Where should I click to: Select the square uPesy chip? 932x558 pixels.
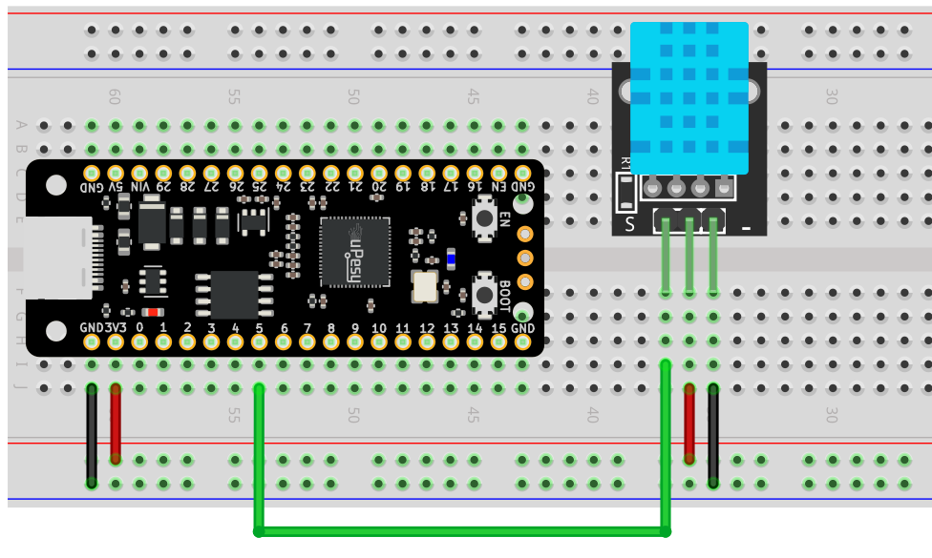point(355,252)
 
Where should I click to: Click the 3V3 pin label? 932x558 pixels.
point(116,327)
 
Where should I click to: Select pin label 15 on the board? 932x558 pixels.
point(498,327)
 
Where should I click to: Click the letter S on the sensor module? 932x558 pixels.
point(629,224)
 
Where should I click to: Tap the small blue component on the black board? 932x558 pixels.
point(451,258)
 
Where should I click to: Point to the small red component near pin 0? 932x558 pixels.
point(152,312)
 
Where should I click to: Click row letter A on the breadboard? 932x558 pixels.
point(21,125)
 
